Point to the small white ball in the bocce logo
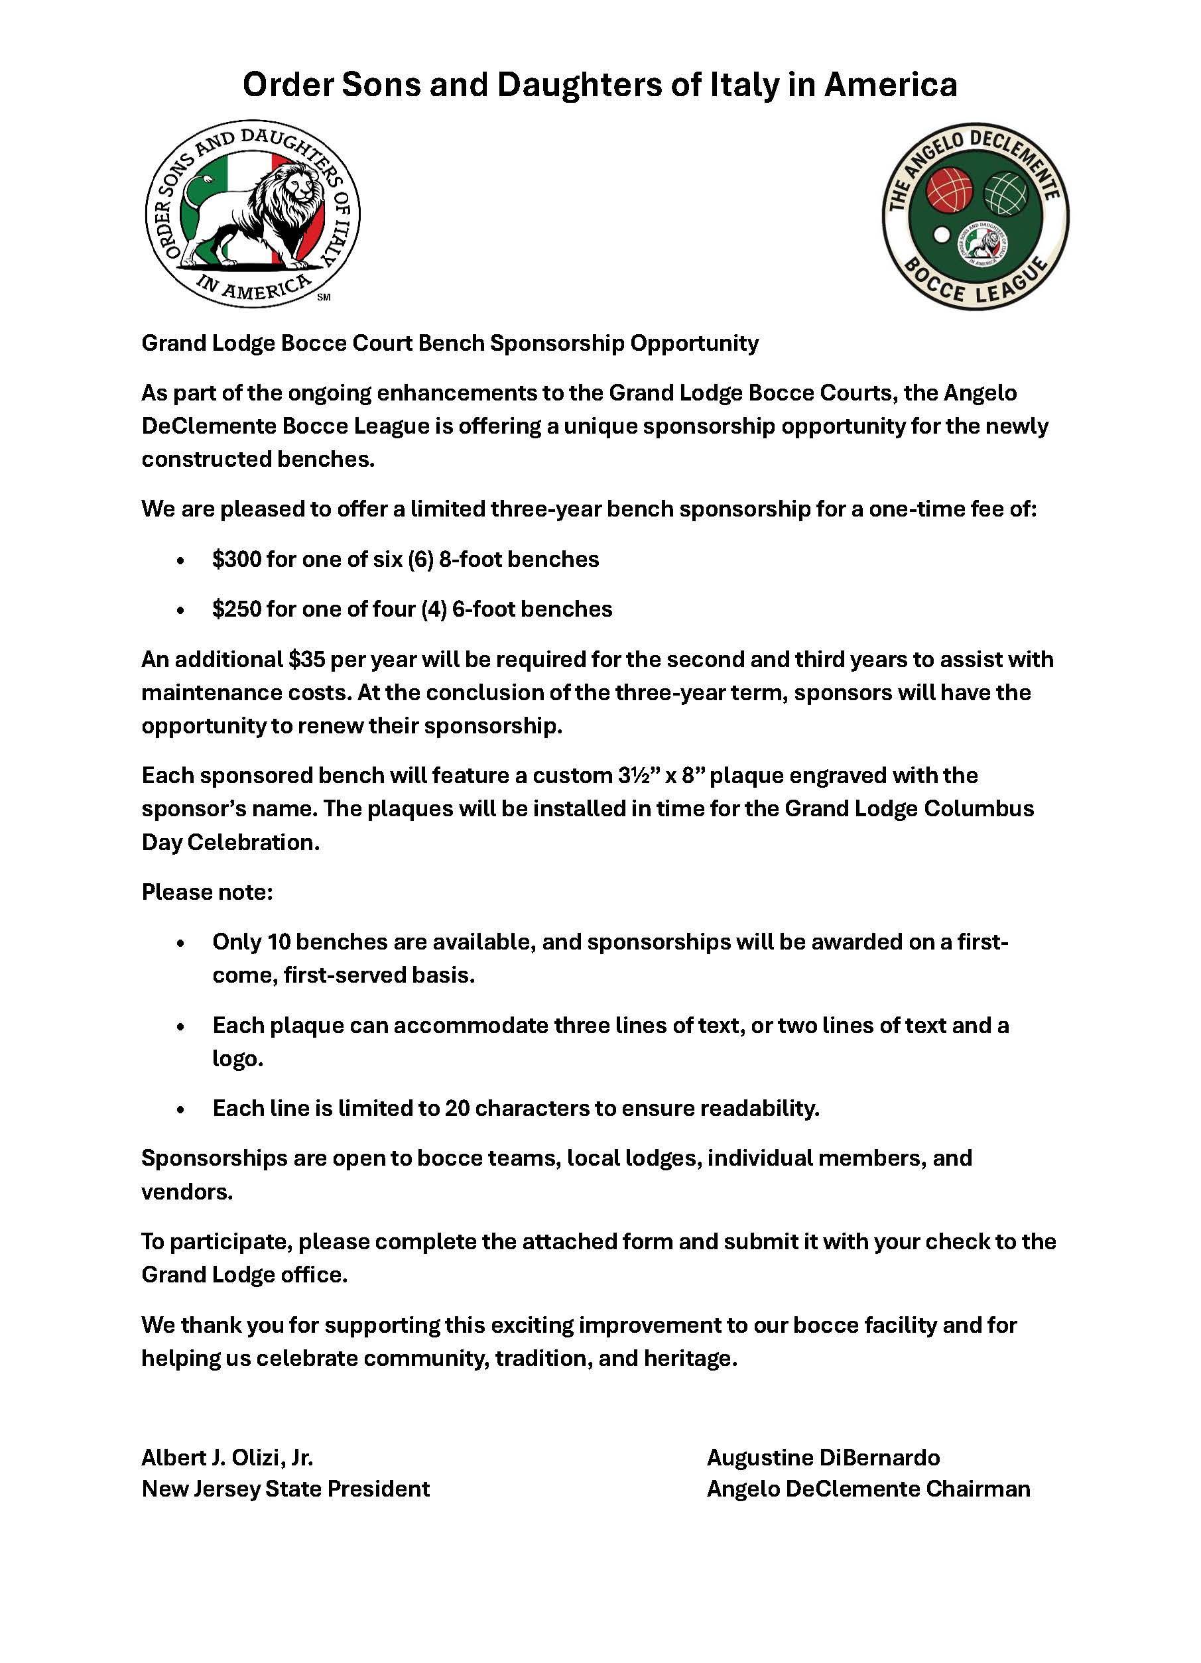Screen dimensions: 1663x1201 [x=941, y=235]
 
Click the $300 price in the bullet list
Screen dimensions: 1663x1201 [x=236, y=560]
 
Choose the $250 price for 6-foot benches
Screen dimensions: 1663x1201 [x=236, y=609]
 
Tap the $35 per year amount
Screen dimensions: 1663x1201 [x=307, y=659]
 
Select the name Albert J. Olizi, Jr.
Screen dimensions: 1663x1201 [x=227, y=1457]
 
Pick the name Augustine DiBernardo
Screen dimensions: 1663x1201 [x=823, y=1457]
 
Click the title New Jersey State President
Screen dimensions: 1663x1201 [x=285, y=1489]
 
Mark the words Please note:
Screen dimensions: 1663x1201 [x=207, y=892]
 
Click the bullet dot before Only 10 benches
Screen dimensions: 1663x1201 [x=180, y=943]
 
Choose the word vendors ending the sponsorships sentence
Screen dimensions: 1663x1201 [x=186, y=1192]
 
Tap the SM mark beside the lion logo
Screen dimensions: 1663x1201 [x=324, y=297]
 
